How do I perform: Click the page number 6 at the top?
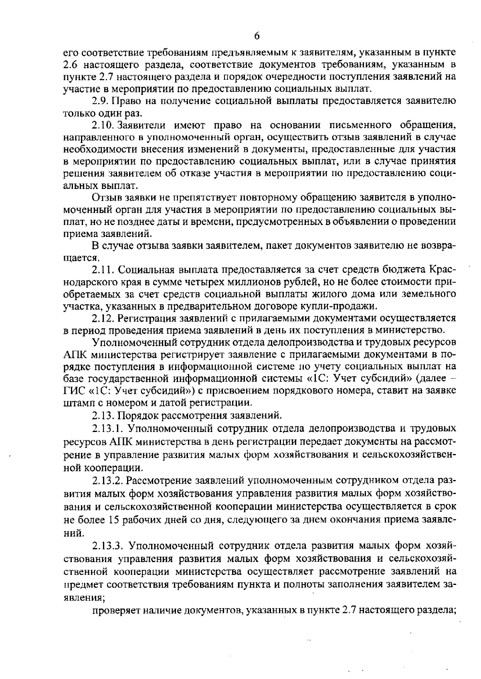[257, 36]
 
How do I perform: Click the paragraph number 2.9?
[100, 101]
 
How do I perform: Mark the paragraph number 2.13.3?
[107, 546]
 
